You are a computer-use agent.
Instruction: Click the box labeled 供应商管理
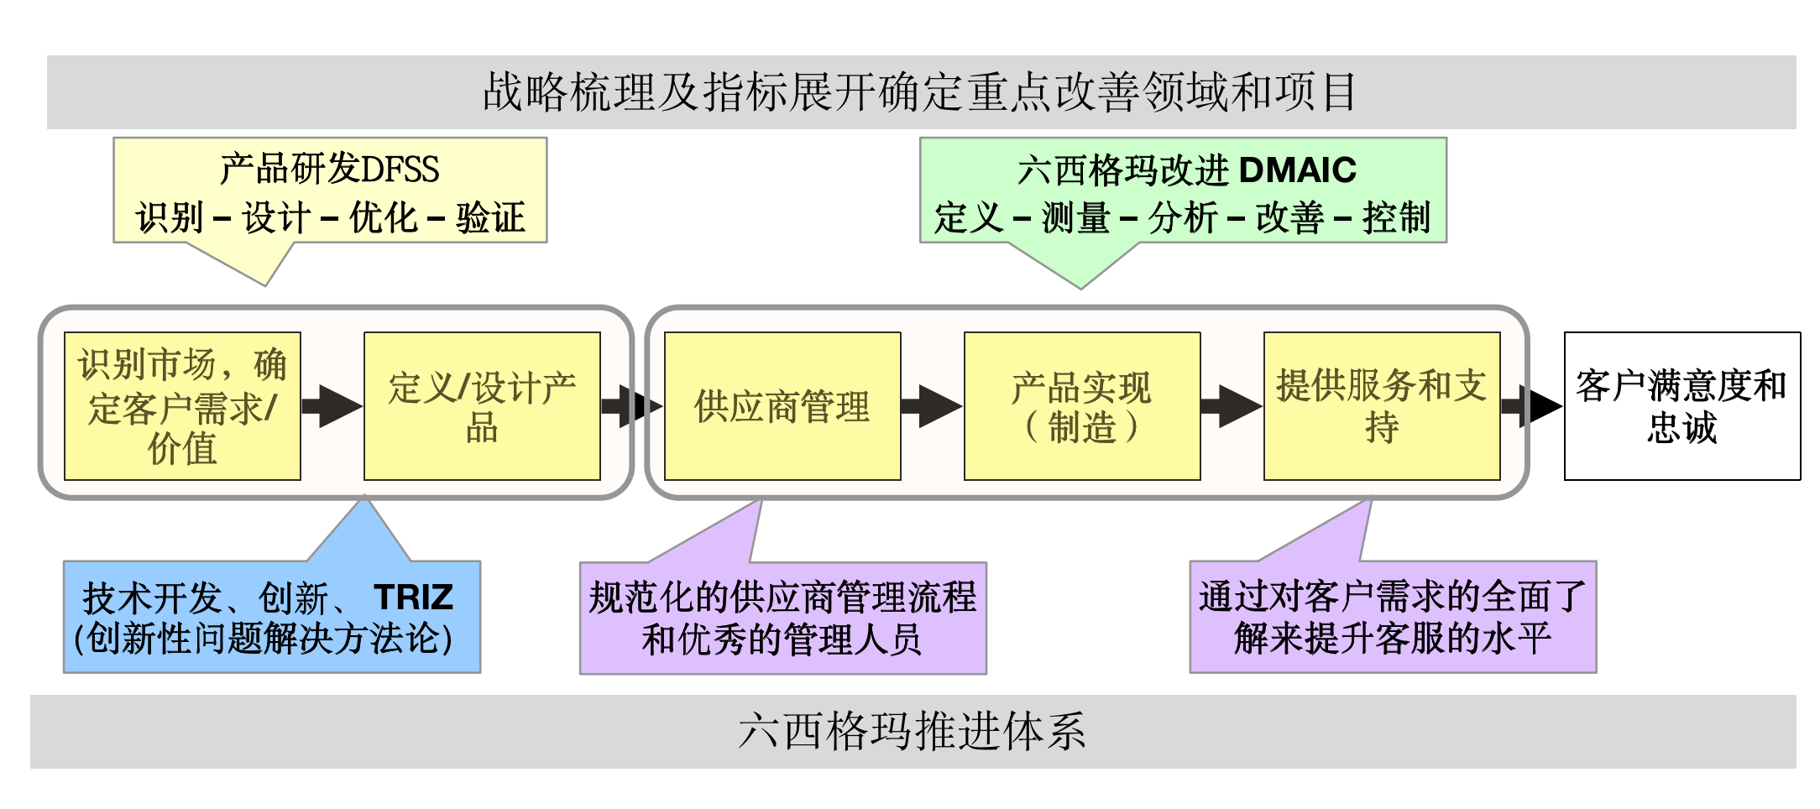tap(782, 406)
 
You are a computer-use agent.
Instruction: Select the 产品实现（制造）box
tap(1081, 406)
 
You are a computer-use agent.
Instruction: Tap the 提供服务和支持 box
tap(1381, 406)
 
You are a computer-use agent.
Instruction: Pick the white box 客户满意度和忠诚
tap(1681, 406)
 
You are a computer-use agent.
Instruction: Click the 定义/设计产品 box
tap(482, 406)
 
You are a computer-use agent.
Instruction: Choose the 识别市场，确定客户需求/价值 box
tap(182, 406)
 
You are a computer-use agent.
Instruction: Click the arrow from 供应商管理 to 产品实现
tap(932, 406)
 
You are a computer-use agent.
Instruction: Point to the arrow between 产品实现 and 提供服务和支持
tap(1232, 406)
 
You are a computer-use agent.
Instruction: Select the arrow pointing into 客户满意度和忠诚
tap(1533, 406)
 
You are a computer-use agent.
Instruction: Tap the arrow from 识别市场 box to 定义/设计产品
tap(332, 406)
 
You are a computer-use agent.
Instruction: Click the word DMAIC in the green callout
tap(1297, 170)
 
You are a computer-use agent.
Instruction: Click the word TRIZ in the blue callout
tap(413, 598)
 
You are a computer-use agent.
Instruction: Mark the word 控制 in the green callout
tap(1396, 218)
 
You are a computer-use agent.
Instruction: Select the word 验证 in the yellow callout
tap(490, 218)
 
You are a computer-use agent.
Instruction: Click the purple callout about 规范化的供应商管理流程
tap(782, 618)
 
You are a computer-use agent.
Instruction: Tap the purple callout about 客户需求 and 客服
tap(1393, 618)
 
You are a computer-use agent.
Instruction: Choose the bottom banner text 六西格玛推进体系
tap(913, 731)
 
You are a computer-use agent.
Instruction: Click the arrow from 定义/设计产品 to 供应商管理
tap(632, 406)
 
